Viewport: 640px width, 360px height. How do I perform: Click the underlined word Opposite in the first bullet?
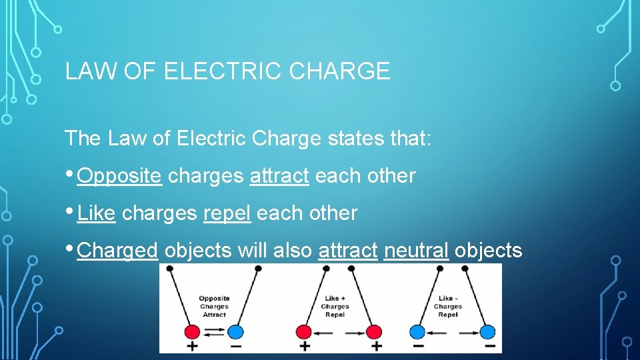[x=119, y=176]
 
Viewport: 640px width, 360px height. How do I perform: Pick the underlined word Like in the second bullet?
[x=97, y=213]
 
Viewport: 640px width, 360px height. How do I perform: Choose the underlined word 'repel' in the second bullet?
[x=227, y=213]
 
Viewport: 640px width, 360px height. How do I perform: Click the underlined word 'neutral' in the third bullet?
[x=416, y=251]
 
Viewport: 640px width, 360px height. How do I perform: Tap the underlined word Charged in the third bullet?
[x=117, y=251]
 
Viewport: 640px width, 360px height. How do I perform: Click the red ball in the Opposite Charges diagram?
[x=192, y=331]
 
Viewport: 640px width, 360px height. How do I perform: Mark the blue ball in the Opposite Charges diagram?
[x=235, y=331]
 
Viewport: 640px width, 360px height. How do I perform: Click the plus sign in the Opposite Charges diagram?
[x=191, y=347]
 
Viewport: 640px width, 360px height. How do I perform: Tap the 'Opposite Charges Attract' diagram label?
[x=214, y=307]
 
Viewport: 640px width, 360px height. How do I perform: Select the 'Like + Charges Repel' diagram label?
[x=335, y=307]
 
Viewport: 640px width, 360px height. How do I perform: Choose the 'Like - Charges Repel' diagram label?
[x=447, y=307]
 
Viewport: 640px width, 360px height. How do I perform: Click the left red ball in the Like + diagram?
[x=304, y=331]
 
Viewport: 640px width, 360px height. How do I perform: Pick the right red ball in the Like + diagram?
[x=374, y=331]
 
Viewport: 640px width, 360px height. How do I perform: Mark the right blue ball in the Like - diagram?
[x=487, y=331]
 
